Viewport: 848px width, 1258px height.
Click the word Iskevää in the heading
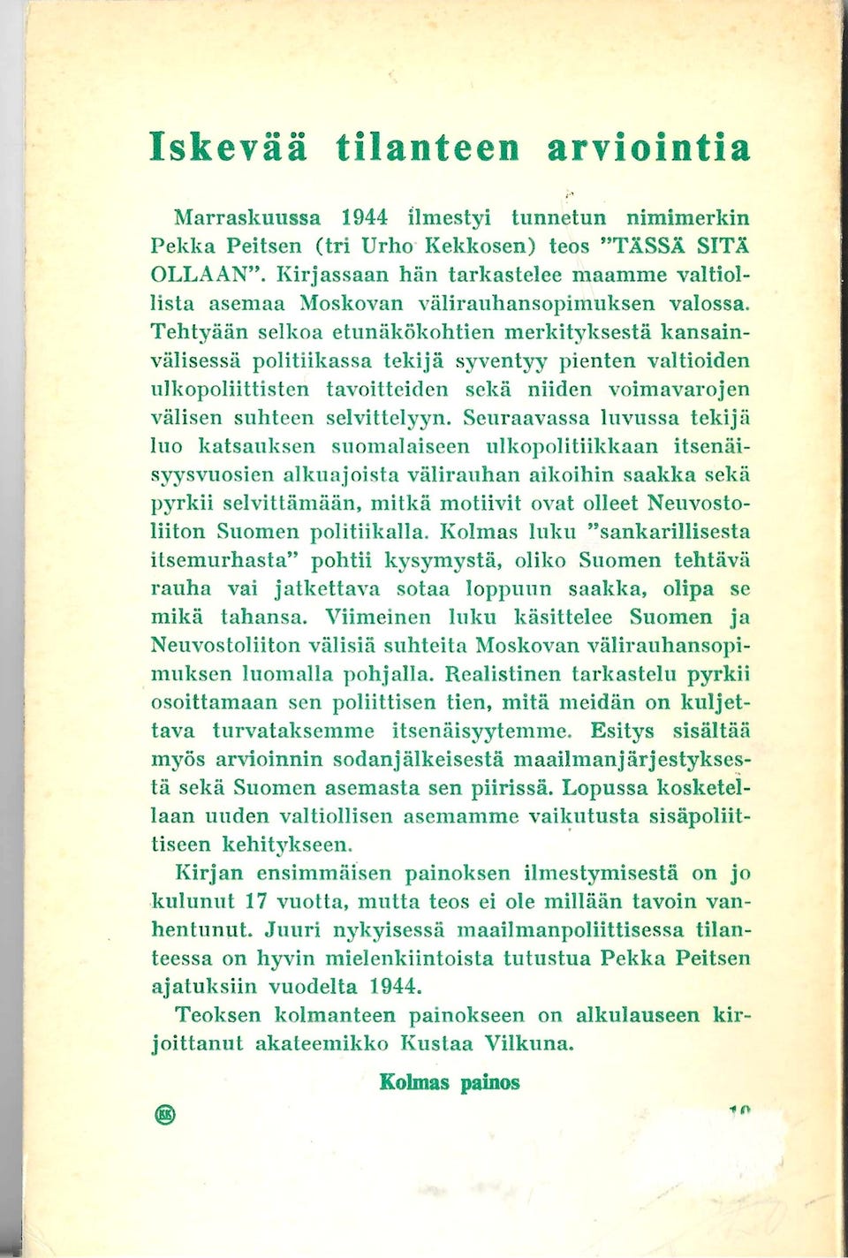(x=229, y=147)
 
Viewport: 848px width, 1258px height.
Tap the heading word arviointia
(x=648, y=147)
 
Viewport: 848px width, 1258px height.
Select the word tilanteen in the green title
(x=428, y=147)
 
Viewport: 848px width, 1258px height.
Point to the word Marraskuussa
(x=247, y=217)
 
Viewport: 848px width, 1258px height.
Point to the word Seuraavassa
(x=526, y=417)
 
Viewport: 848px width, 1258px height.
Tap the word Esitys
(x=622, y=731)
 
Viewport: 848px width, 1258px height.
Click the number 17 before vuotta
(x=255, y=901)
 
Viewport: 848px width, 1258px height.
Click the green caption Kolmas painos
(x=450, y=1082)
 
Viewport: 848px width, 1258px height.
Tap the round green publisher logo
(x=165, y=1114)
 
